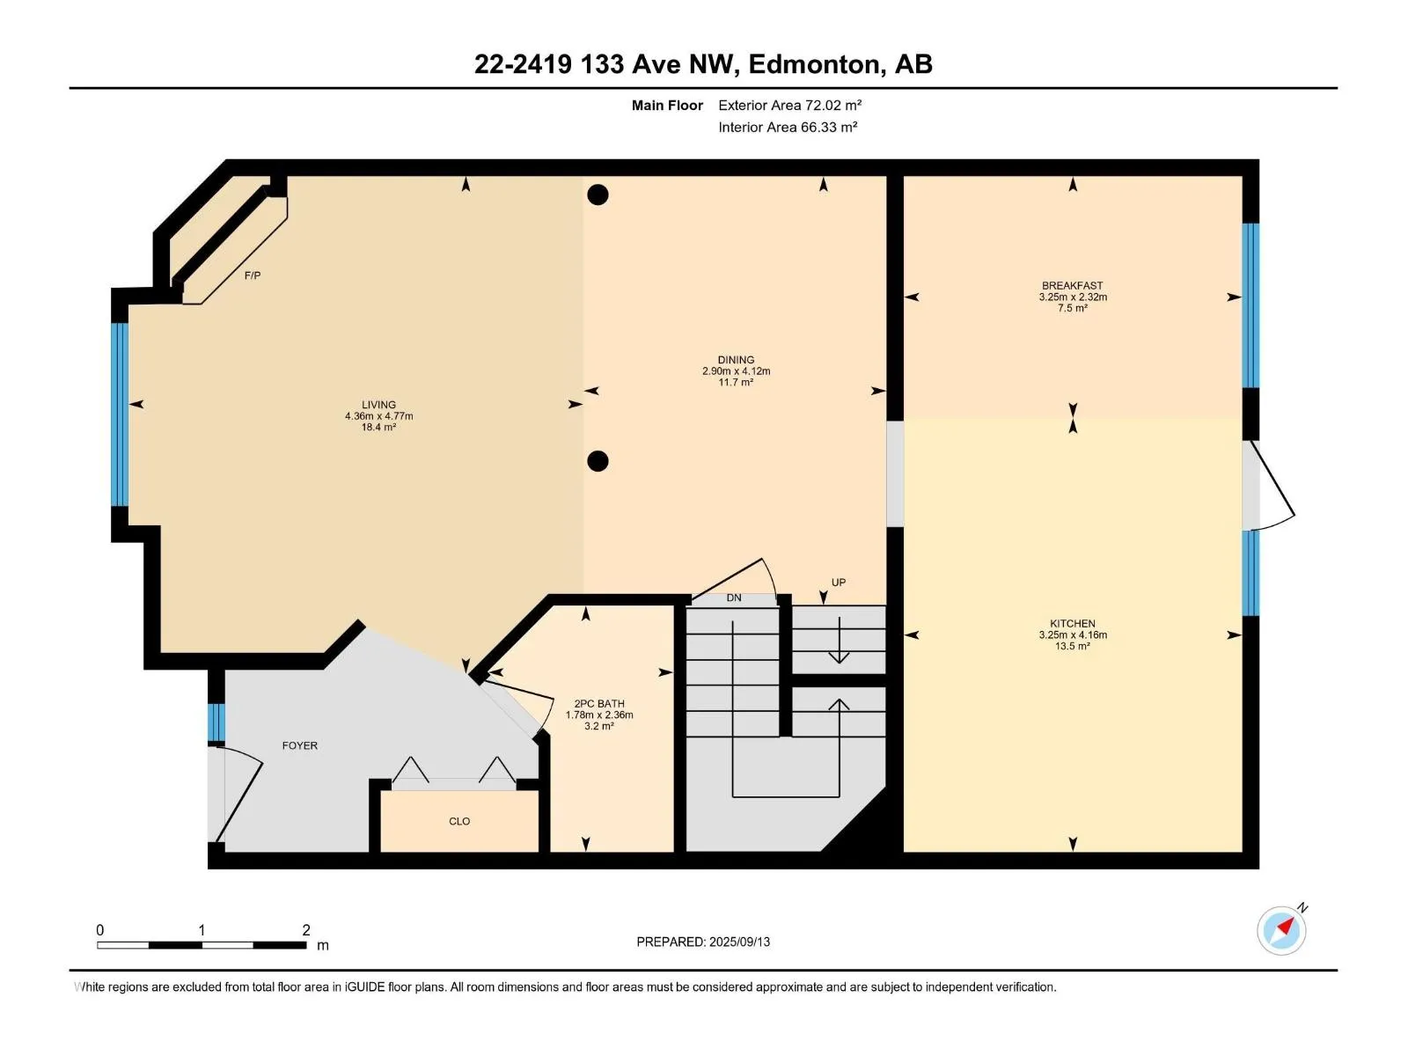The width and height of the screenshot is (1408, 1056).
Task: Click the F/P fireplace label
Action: point(252,275)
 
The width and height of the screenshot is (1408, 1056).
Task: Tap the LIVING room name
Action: point(378,405)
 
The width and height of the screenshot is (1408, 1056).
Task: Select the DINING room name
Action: point(736,360)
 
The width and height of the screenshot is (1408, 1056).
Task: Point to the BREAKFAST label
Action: point(1072,285)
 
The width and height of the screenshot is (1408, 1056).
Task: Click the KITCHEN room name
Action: point(1072,623)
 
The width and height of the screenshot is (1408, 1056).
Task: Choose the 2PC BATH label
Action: point(598,703)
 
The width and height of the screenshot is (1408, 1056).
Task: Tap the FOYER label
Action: point(299,745)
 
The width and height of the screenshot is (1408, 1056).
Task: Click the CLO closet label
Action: point(459,821)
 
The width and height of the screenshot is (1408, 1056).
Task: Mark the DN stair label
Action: point(734,598)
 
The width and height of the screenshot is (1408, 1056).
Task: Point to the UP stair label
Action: point(839,583)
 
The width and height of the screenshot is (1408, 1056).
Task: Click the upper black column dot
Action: point(598,194)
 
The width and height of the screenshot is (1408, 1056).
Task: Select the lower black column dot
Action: point(598,461)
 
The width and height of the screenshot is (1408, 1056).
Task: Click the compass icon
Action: point(1281,930)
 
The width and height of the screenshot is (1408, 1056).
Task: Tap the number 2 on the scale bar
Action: point(306,929)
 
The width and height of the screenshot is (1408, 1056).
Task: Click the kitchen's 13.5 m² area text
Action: point(1073,646)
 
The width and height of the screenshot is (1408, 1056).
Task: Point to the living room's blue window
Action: point(120,414)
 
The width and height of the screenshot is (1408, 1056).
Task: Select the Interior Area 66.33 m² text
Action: point(788,127)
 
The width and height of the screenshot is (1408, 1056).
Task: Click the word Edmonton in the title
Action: point(813,64)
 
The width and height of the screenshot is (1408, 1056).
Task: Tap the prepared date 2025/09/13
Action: point(739,942)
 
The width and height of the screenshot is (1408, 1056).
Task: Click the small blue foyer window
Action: point(216,722)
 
